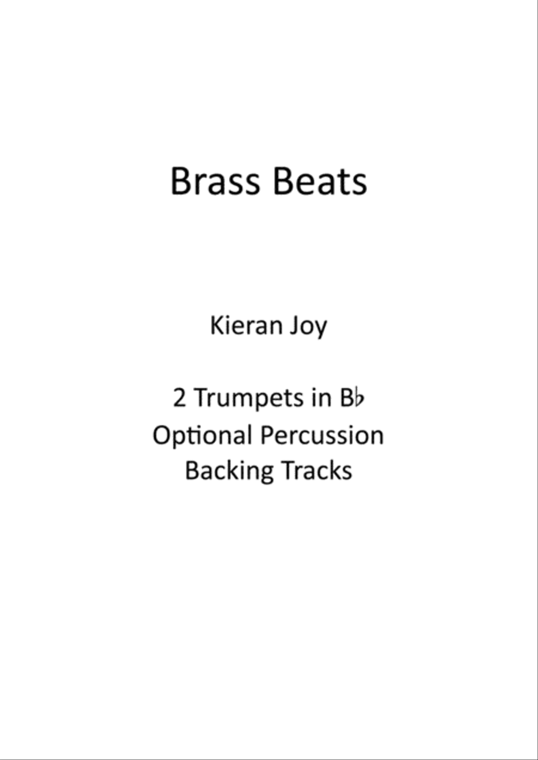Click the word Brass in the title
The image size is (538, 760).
tap(215, 181)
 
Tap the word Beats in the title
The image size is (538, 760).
tap(319, 181)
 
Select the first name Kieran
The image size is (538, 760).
tap(246, 326)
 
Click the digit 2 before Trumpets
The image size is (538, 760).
tap(179, 398)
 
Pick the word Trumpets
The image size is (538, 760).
tap(249, 399)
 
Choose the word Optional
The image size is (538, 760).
tap(202, 436)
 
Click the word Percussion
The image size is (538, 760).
tap(322, 434)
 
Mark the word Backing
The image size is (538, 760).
tap(229, 472)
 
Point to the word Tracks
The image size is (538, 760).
tap(317, 470)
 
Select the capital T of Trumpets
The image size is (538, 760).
tap(201, 398)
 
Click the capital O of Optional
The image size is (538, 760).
tap(161, 435)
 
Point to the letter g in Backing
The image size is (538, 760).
tap(267, 476)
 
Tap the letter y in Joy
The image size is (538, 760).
tap(321, 331)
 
